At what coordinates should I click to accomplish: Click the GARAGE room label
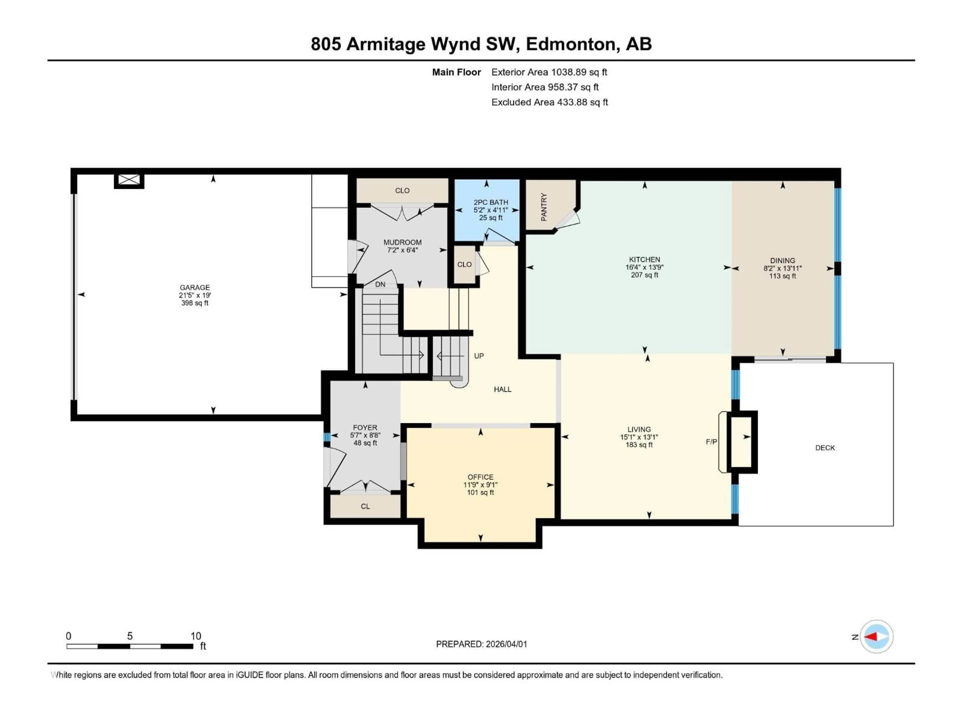(195, 287)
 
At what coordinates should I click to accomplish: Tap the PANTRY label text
(544, 207)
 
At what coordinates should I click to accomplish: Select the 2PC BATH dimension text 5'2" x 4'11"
(491, 210)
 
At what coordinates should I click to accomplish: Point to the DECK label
(825, 448)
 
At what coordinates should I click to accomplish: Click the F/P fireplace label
(711, 442)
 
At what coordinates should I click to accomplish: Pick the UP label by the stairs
(478, 356)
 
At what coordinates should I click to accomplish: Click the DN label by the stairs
(380, 284)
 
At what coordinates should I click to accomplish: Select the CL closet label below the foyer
(365, 506)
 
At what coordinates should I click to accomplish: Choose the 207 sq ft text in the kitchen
(644, 275)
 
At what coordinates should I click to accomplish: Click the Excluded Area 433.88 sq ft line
(549, 102)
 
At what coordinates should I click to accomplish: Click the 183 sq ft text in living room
(639, 445)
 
